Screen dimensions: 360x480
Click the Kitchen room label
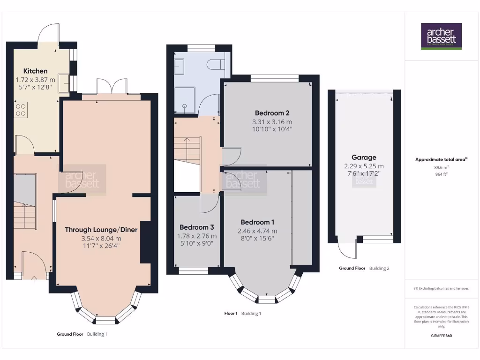click(36, 71)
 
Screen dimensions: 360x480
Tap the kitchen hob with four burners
click(21, 110)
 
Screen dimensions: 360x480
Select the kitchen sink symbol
click(64, 82)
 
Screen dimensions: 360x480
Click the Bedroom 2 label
click(272, 113)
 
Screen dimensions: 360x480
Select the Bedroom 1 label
click(257, 222)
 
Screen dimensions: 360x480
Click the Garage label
click(364, 157)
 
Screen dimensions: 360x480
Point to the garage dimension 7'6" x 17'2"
click(364, 173)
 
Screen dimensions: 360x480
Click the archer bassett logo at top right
click(441, 36)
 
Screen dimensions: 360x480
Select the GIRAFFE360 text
click(441, 336)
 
